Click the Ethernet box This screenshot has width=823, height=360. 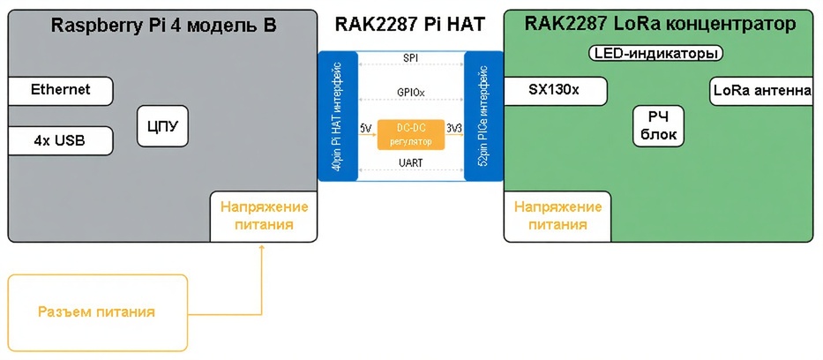[x=60, y=90]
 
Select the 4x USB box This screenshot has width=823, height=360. [x=60, y=140]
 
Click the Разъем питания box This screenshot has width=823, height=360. [x=97, y=312]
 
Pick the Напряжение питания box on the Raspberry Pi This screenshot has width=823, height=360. [x=264, y=216]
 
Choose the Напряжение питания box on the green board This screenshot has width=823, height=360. [x=557, y=216]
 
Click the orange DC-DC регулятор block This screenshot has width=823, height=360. [x=410, y=135]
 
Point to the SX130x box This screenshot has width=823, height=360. [x=554, y=90]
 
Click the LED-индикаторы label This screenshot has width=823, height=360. [x=655, y=54]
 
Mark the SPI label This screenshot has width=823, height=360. [x=410, y=58]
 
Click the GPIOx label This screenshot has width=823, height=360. [x=410, y=92]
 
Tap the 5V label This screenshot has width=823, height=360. [x=365, y=129]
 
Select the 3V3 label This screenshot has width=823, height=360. [x=454, y=129]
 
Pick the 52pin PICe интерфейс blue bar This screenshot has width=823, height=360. [x=483, y=116]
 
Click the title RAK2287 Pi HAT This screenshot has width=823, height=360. [x=410, y=25]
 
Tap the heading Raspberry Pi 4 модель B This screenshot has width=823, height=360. [x=164, y=25]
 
